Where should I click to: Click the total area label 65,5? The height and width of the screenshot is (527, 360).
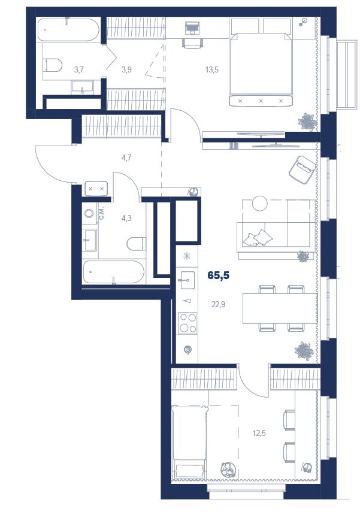coord(219,275)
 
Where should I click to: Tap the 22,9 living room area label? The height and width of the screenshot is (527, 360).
coord(218,305)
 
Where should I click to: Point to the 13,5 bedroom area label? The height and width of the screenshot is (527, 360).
coord(212,70)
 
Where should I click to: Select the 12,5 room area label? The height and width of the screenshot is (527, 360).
coord(259,433)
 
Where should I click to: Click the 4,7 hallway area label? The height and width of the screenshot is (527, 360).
coord(126,158)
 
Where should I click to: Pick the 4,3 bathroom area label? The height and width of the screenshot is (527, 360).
coord(126,218)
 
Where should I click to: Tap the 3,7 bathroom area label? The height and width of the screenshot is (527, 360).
coord(79,70)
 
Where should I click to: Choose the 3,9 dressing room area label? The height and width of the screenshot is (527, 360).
coord(126,70)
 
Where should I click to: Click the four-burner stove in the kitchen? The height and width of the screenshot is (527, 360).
coord(187,323)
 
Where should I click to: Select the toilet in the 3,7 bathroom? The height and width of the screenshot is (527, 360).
coord(53,65)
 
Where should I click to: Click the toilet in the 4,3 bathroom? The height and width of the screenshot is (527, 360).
coord(137,244)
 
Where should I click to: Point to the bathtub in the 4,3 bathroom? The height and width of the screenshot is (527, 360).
coord(114,272)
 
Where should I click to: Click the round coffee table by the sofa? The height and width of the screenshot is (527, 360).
coord(259,204)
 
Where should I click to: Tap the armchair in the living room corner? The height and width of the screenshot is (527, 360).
coord(302,169)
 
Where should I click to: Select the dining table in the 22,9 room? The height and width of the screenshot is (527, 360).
coord(280,308)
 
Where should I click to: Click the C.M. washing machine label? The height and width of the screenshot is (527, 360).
coord(102,213)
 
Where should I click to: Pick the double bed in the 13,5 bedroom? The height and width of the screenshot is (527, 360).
coord(261,64)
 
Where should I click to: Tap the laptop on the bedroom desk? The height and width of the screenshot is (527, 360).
coord(192,28)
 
